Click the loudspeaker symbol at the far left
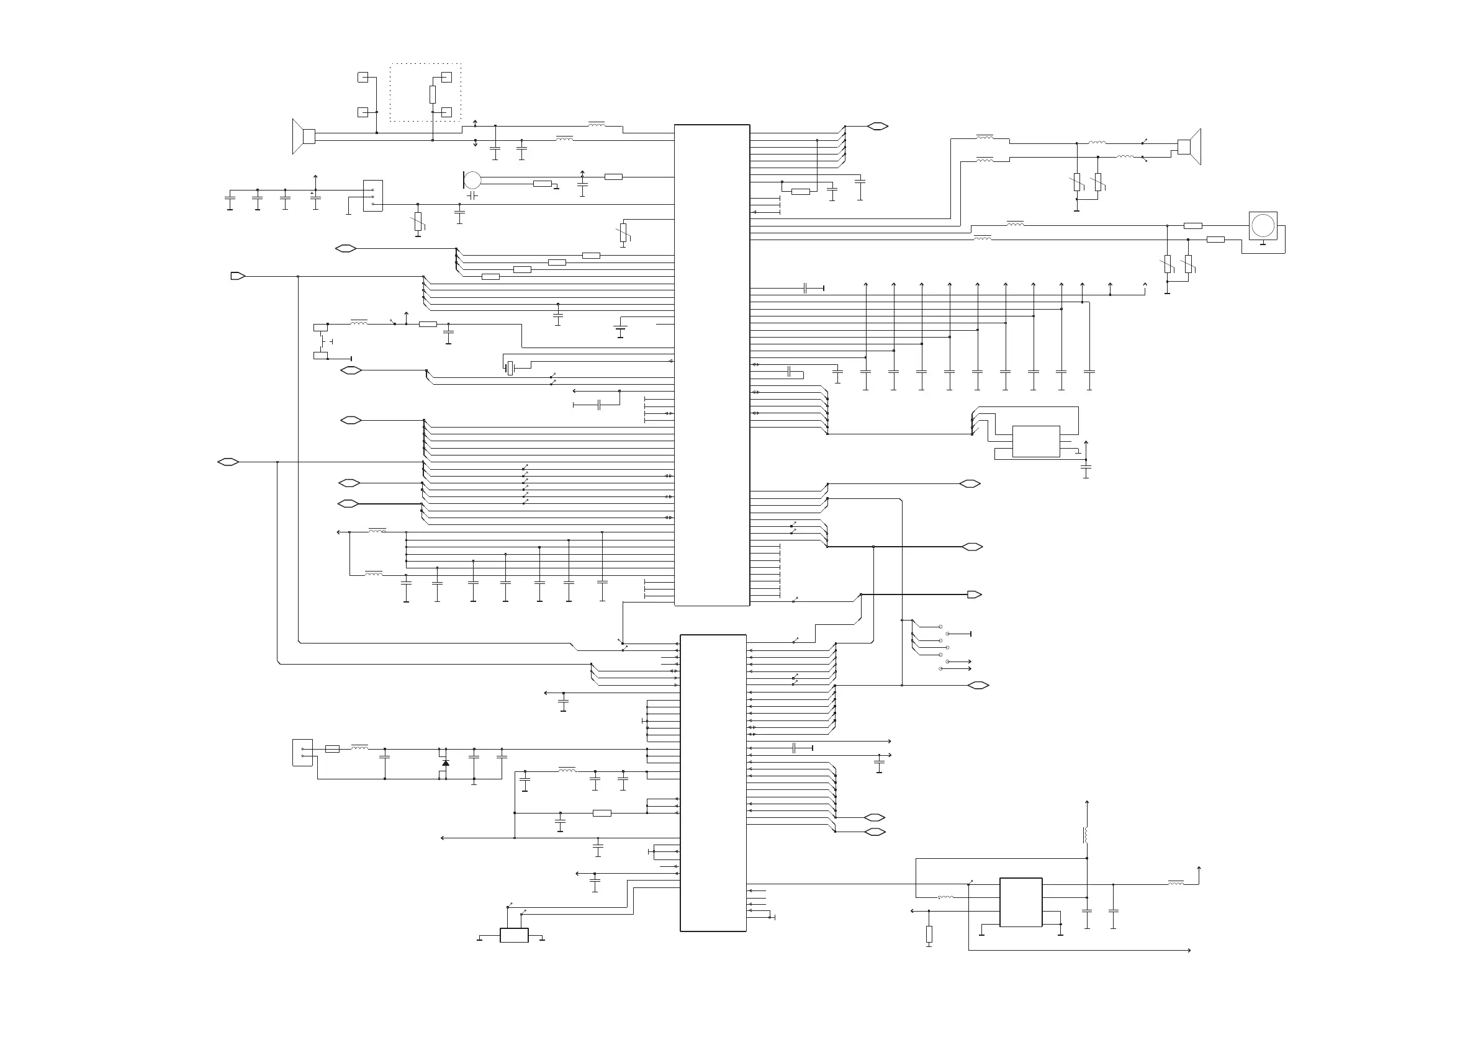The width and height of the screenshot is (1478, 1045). (x=303, y=137)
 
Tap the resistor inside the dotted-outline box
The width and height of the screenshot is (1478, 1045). (x=433, y=94)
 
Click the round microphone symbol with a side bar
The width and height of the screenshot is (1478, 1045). (x=472, y=179)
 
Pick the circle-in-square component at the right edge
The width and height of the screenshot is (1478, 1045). (x=1263, y=226)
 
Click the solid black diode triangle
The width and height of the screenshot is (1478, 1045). (x=446, y=763)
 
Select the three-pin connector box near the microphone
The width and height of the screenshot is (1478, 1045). (x=372, y=195)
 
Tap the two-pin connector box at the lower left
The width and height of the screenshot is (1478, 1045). (x=302, y=752)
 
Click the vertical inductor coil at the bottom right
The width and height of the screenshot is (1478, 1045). (x=1086, y=835)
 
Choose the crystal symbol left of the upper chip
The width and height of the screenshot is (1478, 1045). (x=510, y=368)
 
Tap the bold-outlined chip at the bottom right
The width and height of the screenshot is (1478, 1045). (x=1021, y=902)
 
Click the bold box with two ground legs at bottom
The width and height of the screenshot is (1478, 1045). (x=514, y=935)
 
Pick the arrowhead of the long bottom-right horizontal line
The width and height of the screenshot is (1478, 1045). (x=1188, y=951)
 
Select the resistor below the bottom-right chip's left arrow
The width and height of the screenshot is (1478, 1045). (x=929, y=935)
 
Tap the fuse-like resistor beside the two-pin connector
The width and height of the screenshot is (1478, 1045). (x=332, y=749)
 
